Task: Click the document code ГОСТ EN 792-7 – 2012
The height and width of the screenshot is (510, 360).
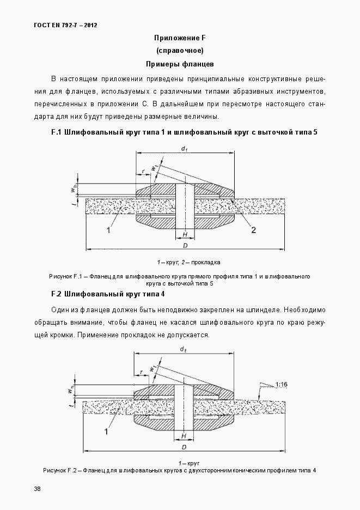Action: [58, 25]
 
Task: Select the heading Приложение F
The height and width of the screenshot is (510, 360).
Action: [180, 38]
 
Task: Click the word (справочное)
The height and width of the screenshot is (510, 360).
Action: [180, 51]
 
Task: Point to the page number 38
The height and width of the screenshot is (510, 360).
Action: [37, 488]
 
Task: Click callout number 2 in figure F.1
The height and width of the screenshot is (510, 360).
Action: [253, 230]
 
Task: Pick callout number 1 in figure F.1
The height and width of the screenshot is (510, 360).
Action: [108, 230]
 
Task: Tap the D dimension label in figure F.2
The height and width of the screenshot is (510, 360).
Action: [185, 447]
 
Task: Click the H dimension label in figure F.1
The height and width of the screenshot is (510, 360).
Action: [185, 235]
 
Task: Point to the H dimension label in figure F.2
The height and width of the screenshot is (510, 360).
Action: [184, 436]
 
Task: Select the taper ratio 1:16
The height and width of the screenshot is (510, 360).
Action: [282, 385]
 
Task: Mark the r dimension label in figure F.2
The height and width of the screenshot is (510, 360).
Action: [141, 372]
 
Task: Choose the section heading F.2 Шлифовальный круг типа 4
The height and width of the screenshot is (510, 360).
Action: [108, 294]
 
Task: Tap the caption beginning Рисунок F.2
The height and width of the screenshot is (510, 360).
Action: [179, 470]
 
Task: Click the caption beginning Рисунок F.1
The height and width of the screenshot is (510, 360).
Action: [179, 280]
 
